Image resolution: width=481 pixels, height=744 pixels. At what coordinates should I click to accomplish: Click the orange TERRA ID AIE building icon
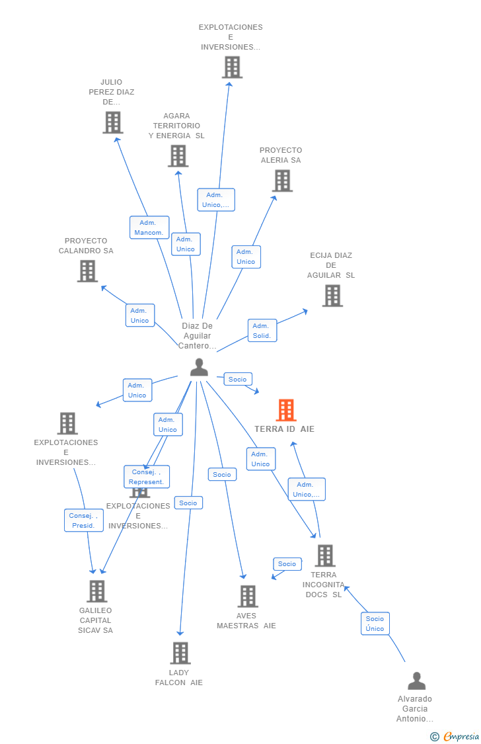(x=285, y=410)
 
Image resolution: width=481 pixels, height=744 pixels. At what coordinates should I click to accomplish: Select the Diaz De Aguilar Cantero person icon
(x=199, y=367)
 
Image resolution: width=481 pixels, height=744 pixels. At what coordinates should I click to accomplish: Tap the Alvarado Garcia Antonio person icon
(x=416, y=681)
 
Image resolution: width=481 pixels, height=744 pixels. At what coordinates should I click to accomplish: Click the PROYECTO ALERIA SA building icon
(x=282, y=181)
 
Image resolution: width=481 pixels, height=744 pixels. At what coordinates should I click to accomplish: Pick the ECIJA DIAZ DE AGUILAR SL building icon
(x=332, y=296)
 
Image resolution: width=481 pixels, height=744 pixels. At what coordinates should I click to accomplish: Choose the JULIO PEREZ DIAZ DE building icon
(x=113, y=122)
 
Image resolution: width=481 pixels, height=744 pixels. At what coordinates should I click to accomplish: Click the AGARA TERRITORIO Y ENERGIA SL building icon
(x=178, y=156)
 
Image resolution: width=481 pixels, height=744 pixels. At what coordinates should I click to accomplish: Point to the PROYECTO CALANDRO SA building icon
(x=87, y=271)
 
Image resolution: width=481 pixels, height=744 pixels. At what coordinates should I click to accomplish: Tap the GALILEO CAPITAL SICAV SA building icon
(x=96, y=591)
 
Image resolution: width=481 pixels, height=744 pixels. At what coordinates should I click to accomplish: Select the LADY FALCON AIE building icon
(x=180, y=653)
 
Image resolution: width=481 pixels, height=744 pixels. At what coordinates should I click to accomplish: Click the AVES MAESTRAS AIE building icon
(x=247, y=596)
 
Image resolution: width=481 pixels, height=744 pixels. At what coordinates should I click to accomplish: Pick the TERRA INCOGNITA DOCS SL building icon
(x=324, y=556)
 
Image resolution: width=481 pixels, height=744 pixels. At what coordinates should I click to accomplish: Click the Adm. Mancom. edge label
(x=149, y=227)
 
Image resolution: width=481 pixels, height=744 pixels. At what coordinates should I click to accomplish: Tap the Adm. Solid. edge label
(x=262, y=331)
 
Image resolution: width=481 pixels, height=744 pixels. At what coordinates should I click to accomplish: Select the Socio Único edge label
(x=375, y=624)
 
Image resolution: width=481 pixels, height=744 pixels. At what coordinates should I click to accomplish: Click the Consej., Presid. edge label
(x=83, y=520)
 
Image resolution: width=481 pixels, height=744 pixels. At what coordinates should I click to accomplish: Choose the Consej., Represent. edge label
(x=147, y=477)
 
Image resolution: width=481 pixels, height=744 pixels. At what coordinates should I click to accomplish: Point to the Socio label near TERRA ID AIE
(x=237, y=379)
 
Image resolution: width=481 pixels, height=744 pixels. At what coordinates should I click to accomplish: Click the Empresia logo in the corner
(x=455, y=736)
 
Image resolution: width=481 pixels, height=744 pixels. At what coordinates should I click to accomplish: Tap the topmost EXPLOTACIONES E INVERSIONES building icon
(x=232, y=67)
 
